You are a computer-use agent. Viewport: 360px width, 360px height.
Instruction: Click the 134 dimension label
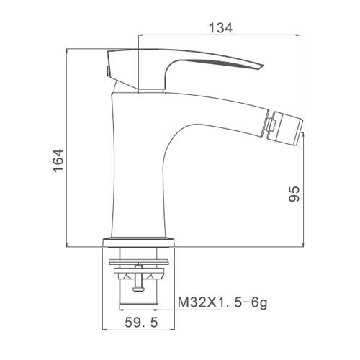220,28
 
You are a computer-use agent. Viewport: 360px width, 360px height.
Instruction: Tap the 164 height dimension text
58,160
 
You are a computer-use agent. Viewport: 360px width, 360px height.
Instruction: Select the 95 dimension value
294,194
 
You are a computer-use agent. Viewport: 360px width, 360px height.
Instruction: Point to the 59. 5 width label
141,322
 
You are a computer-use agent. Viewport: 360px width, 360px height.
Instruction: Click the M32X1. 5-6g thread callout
222,302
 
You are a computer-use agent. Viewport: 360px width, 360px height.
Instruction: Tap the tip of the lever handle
262,66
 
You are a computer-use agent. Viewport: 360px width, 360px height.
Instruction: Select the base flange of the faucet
138,242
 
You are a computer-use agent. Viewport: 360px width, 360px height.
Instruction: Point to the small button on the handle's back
108,71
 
